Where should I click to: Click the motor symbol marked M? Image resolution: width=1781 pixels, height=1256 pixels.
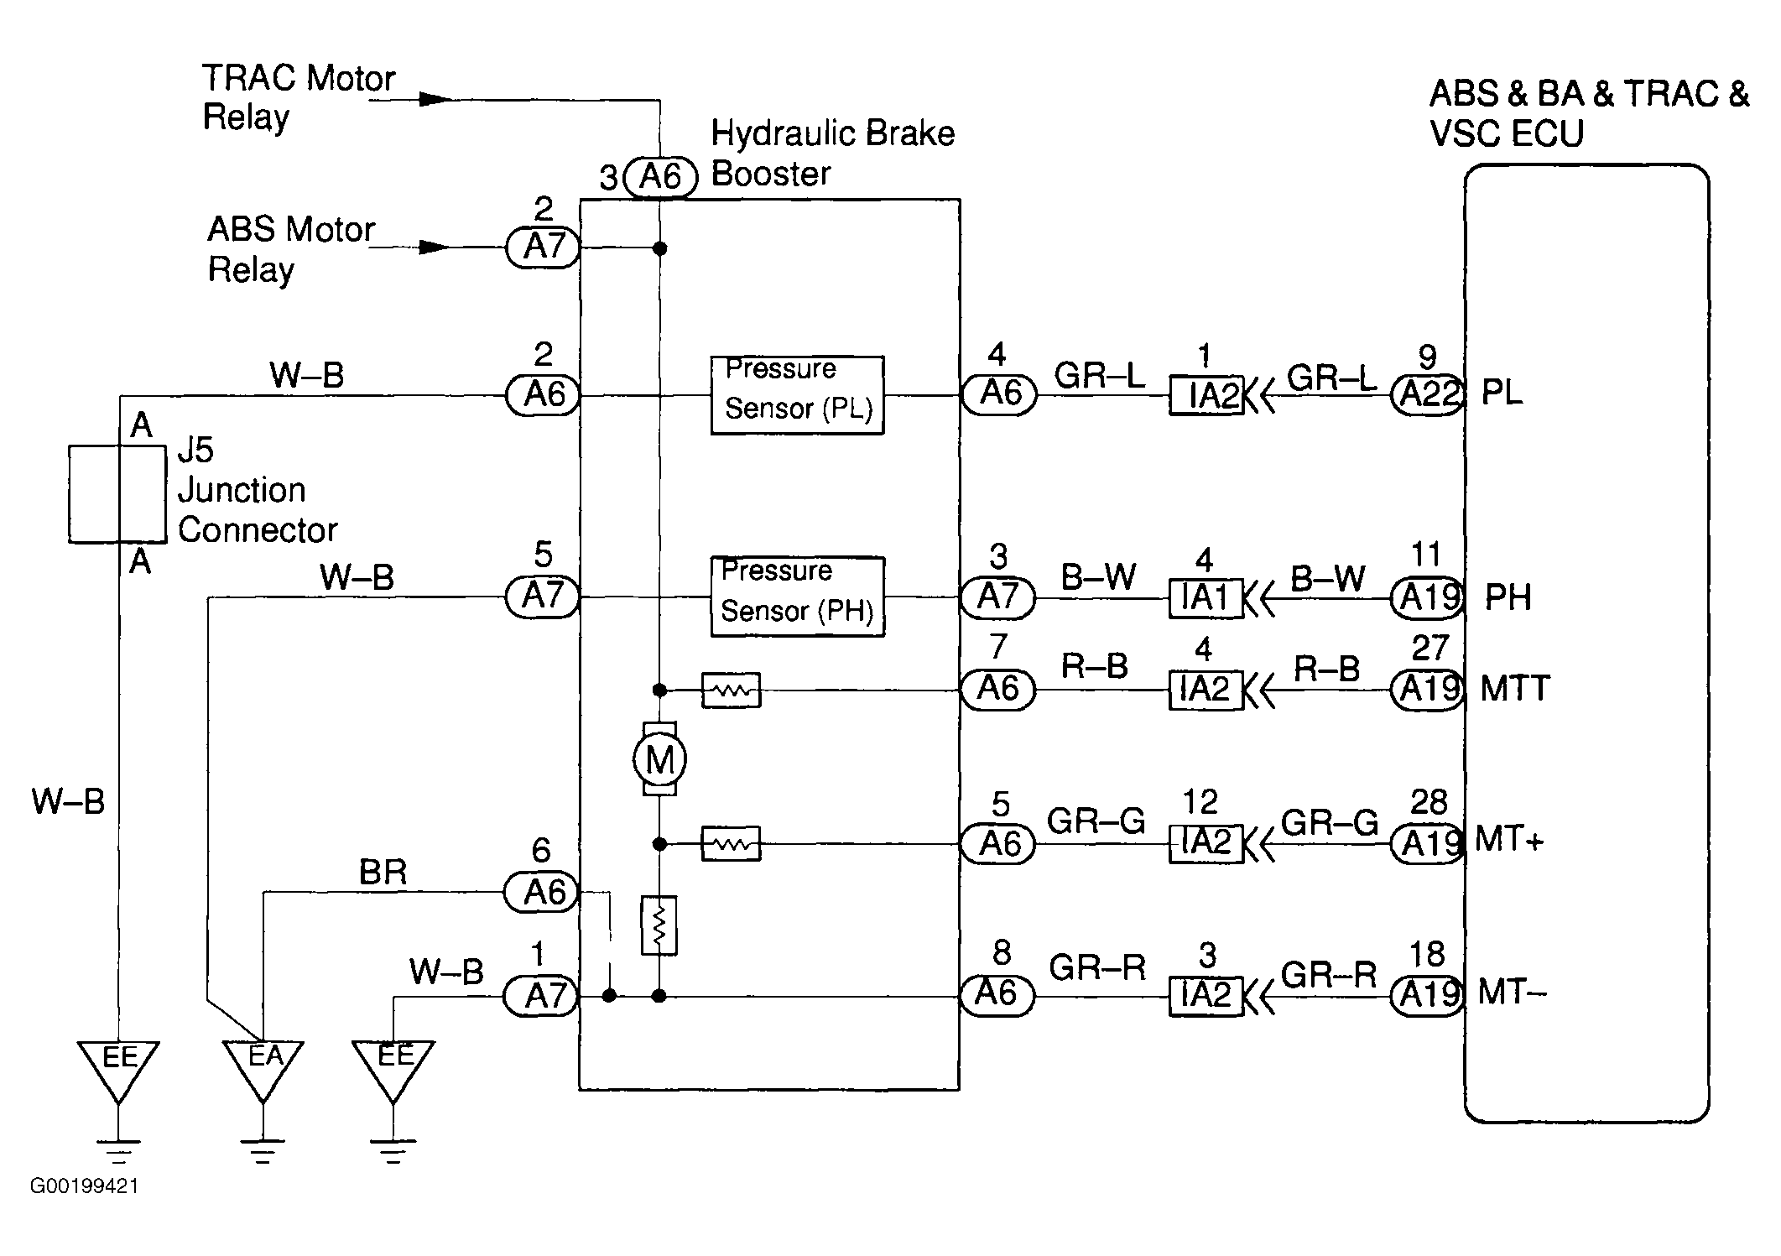tap(659, 759)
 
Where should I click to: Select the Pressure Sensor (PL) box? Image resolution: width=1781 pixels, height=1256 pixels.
tap(797, 394)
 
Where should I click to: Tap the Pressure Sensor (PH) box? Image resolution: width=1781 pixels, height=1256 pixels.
tap(797, 597)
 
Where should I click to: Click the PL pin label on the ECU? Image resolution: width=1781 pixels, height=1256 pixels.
tap(1502, 393)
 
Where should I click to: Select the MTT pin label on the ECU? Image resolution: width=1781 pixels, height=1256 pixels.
tap(1515, 689)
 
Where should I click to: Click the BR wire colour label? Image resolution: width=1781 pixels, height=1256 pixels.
tap(383, 873)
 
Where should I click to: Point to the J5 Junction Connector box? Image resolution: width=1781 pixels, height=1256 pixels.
tap(117, 494)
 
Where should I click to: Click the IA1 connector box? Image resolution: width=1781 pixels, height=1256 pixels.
tap(1206, 598)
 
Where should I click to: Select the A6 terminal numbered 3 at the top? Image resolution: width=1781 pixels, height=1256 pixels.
tap(661, 177)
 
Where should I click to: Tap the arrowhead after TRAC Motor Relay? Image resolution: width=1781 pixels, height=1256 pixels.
tap(435, 100)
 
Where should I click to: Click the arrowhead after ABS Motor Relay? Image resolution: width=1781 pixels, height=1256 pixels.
tap(435, 248)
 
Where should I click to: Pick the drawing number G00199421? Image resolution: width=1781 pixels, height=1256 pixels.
tap(84, 1186)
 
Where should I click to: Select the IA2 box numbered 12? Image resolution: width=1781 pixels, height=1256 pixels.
tap(1206, 842)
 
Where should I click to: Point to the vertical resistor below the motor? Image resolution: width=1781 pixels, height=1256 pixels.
tap(659, 925)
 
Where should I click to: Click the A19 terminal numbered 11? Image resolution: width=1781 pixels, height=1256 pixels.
tap(1428, 598)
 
